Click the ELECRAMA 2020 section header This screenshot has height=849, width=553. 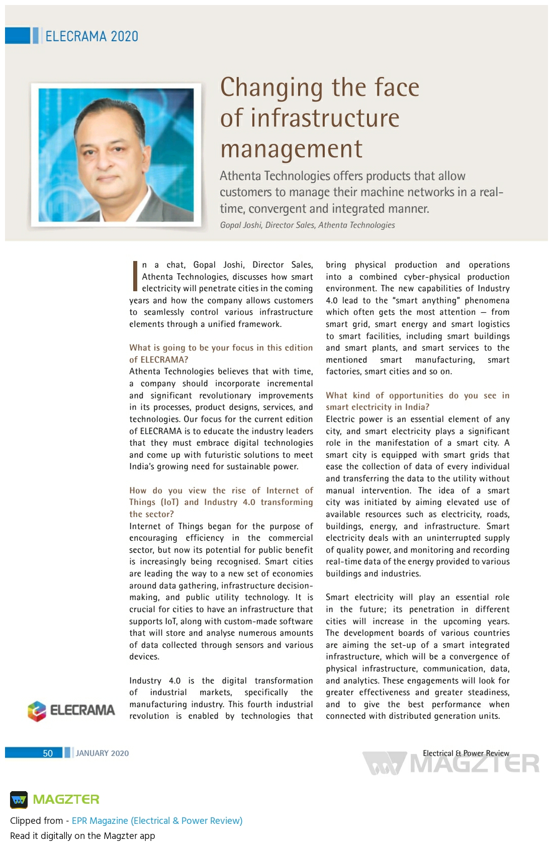click(91, 36)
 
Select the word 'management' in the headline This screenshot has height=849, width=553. click(291, 149)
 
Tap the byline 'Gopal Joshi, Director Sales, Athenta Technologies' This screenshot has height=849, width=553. click(307, 225)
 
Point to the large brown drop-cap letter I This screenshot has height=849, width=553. click(135, 276)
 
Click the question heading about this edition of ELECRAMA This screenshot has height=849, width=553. click(221, 354)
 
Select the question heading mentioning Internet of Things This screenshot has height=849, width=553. click(221, 502)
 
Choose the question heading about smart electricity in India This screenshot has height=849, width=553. click(417, 401)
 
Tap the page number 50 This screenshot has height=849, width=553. click(48, 753)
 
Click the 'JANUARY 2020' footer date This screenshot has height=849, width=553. click(102, 753)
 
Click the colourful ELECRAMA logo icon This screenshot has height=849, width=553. click(37, 711)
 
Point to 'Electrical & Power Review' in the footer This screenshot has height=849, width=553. click(466, 753)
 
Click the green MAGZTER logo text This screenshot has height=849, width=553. click(66, 799)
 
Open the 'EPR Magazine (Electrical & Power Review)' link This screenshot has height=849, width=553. click(157, 820)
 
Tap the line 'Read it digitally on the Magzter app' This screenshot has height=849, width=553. click(82, 835)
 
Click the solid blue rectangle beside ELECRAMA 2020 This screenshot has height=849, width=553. click(18, 36)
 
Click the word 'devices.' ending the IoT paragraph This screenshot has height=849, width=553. click(144, 657)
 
